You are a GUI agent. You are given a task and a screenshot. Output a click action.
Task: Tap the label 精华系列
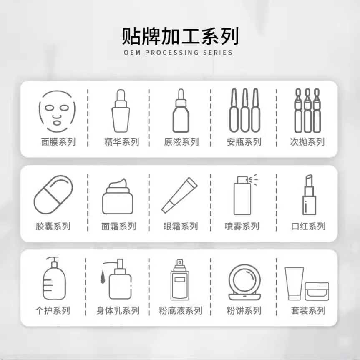click(121, 142)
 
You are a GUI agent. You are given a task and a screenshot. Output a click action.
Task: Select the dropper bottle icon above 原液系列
click(181, 111)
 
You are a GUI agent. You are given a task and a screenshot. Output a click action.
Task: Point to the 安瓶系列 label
click(244, 142)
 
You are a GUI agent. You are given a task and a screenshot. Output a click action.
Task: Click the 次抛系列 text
click(307, 142)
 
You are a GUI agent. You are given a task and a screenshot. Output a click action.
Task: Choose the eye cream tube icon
click(180, 194)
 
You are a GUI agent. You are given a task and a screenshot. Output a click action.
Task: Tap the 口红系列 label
click(308, 227)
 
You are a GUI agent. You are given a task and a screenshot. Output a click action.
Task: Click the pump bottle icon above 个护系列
click(54, 278)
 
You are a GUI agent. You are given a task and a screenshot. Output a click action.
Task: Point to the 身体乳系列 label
click(118, 311)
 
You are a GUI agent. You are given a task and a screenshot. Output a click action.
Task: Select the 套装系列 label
click(308, 311)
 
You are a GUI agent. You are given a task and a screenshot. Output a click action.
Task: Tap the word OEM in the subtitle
click(132, 53)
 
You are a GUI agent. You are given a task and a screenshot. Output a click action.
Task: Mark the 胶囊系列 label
click(53, 227)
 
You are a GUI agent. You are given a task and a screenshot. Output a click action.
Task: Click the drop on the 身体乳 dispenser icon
click(102, 275)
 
